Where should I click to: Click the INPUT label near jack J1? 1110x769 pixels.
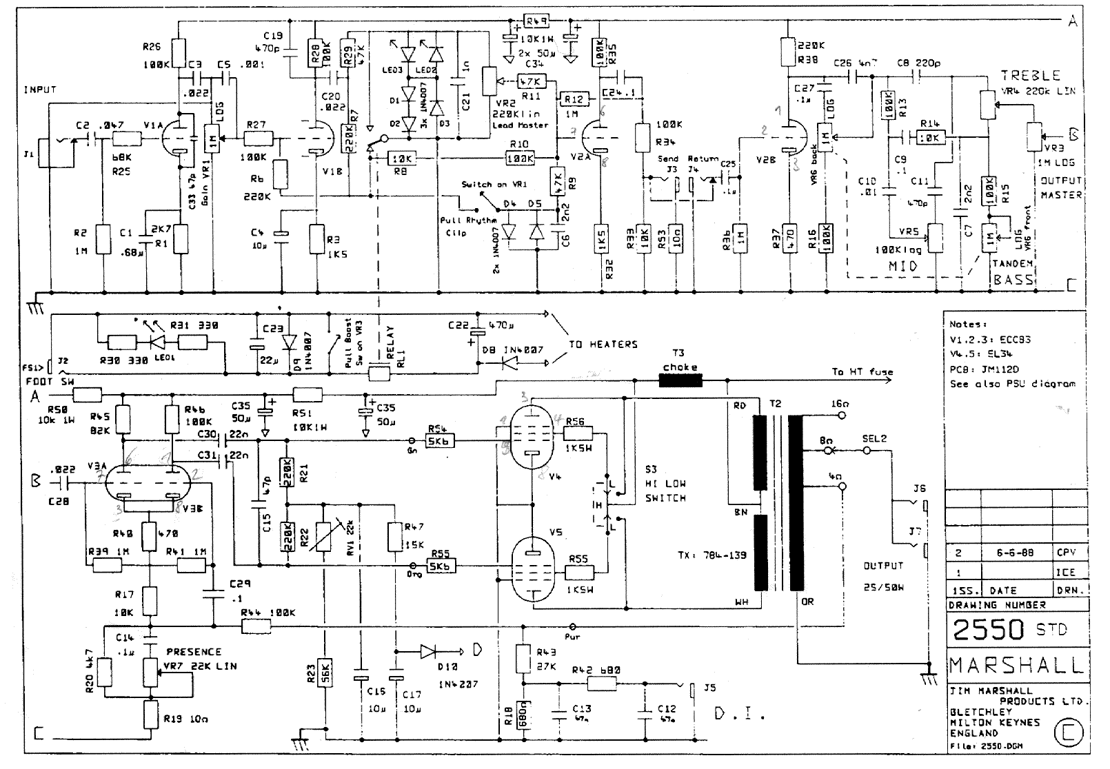pyautogui.click(x=39, y=90)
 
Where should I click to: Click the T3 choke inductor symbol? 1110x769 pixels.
pyautogui.click(x=680, y=380)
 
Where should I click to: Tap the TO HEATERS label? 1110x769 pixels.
pyautogui.click(x=603, y=344)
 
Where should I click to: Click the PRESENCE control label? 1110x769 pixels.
pyautogui.click(x=194, y=651)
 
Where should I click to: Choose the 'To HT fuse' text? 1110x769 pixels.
pyautogui.click(x=862, y=371)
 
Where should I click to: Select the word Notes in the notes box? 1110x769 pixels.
pyautogui.click(x=967, y=324)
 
